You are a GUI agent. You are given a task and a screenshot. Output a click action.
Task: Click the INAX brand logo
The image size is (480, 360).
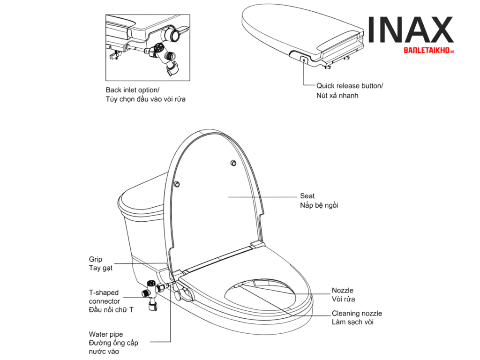point(410,30)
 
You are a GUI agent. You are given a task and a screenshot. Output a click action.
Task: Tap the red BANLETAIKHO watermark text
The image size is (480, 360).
point(428,50)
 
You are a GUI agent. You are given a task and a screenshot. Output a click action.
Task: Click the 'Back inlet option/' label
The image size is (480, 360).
point(132,90)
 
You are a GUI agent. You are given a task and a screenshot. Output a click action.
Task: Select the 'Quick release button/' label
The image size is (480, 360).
point(350,86)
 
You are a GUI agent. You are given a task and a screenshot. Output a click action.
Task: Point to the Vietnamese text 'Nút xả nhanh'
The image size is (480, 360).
point(337,96)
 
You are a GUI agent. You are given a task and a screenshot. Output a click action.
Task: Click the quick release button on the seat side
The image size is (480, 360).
point(304,60)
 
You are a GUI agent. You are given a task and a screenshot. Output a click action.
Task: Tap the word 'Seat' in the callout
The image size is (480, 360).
point(307,196)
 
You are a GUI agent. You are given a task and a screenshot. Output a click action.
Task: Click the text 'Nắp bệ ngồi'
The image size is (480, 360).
point(319,205)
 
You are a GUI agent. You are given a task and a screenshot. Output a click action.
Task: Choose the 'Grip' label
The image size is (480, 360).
point(96,259)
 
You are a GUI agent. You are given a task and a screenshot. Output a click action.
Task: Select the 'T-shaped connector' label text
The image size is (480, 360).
point(104,297)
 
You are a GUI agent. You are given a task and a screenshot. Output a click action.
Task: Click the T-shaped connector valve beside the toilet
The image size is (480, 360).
point(151,293)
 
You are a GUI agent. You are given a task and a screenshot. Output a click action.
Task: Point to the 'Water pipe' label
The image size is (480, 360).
point(106,334)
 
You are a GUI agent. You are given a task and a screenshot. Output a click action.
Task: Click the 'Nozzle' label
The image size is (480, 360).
point(343,290)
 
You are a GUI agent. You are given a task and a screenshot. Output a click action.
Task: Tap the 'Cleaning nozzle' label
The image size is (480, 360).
point(357,313)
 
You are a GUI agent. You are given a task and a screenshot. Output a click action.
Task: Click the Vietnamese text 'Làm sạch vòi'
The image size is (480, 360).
point(352,322)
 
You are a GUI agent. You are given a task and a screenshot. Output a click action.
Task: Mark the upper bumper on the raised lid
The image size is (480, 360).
point(233,163)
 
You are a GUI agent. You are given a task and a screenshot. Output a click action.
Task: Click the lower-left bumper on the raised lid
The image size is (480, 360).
point(177,184)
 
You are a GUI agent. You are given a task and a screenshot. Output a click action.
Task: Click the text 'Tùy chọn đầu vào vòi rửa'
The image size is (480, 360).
point(146,99)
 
